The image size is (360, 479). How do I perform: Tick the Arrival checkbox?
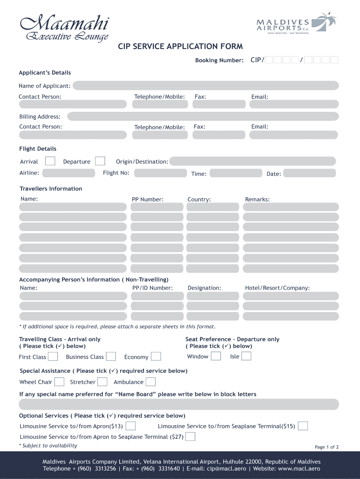[x=50, y=161]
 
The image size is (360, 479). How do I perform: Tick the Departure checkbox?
[x=100, y=161]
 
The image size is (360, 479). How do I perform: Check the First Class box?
[x=53, y=357]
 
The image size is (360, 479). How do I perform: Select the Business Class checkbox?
[x=111, y=357]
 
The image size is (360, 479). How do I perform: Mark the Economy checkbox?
[x=156, y=357]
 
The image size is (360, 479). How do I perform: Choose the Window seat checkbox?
[x=216, y=356]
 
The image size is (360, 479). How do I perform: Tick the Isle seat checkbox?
[x=246, y=356]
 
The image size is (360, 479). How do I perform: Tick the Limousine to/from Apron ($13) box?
[x=131, y=426]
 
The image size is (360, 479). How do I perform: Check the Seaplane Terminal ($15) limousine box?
[x=303, y=426]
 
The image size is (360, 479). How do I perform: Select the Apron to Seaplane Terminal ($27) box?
[x=190, y=437]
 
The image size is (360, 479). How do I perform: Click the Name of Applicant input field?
[x=205, y=86]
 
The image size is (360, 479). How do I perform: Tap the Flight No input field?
[x=160, y=173]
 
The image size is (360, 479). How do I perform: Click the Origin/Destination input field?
[x=252, y=161]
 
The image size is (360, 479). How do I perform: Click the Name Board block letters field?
[x=179, y=404]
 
